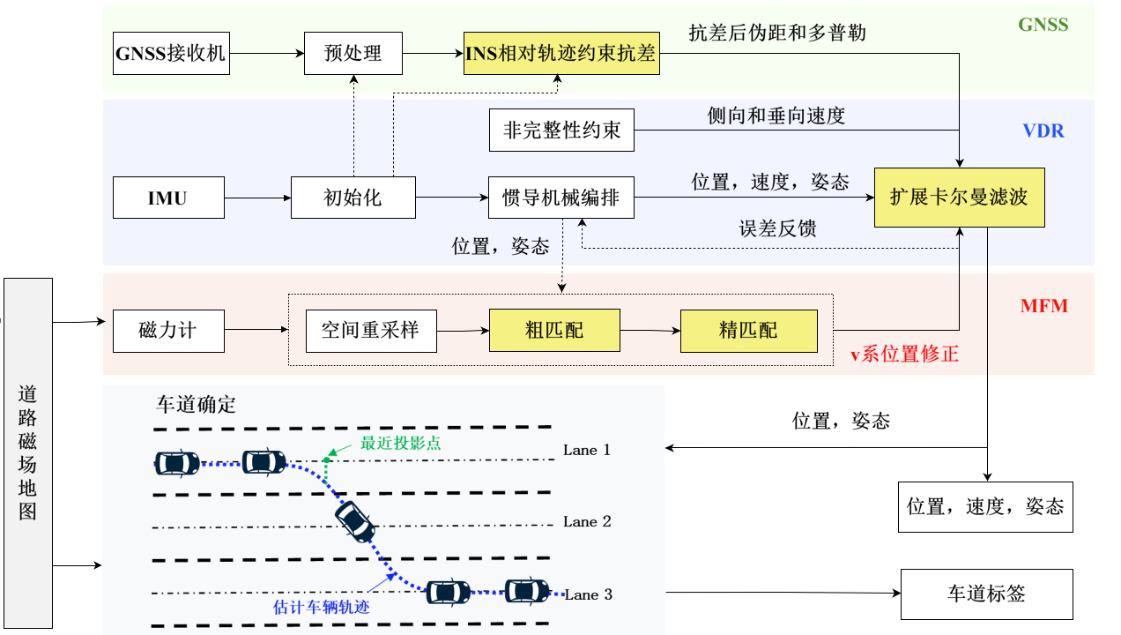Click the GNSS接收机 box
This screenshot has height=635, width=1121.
click(171, 53)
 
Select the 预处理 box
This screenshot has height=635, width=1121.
click(353, 53)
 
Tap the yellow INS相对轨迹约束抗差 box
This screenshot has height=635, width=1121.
click(561, 53)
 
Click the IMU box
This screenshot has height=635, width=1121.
click(167, 198)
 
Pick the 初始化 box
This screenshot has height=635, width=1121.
click(353, 198)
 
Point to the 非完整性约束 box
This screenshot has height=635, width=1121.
click(561, 131)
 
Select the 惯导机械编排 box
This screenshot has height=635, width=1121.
click(561, 198)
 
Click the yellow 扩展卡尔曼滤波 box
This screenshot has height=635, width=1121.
click(959, 197)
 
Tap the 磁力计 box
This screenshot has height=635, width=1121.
click(167, 332)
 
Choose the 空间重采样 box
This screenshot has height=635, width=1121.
click(370, 332)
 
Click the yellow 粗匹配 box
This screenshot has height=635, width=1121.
click(554, 332)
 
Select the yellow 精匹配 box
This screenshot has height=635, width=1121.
click(748, 332)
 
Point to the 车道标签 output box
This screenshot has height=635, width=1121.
click(986, 594)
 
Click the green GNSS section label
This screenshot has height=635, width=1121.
click(1043, 25)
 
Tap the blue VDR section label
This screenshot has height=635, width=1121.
click(1043, 131)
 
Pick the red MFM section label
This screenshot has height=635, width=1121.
click(1043, 307)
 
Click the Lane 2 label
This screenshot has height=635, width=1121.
click(587, 522)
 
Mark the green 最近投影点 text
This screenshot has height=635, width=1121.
click(401, 444)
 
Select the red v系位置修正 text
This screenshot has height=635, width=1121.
click(904, 355)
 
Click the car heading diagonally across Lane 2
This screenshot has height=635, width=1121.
click(356, 521)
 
